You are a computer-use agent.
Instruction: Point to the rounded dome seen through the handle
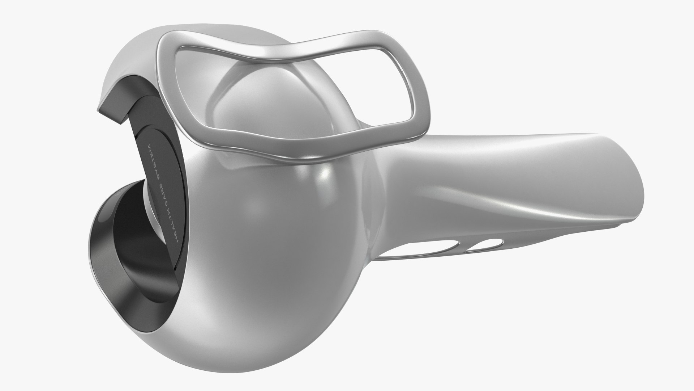tap(246, 91)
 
